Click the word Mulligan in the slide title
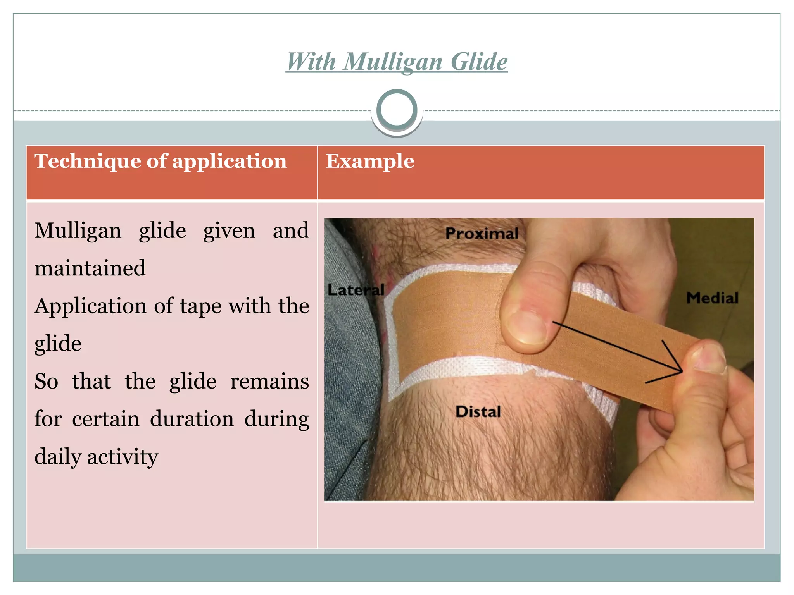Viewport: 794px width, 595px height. coord(392,62)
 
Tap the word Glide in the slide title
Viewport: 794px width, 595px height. coord(479,62)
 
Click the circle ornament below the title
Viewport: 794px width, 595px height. coord(397,110)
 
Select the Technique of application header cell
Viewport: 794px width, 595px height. coord(161,161)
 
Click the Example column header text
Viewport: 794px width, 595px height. coord(370,161)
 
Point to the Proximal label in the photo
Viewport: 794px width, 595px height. coord(482,233)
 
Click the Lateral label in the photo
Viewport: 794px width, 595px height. coord(356,290)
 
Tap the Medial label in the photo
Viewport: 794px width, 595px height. coord(712,298)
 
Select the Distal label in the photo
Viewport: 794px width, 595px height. coord(478,411)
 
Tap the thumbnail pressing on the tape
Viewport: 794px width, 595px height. coord(527,327)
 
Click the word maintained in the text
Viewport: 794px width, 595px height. coord(90,268)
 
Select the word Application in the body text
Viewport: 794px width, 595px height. coord(90,306)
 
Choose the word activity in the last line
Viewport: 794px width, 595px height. coord(123,457)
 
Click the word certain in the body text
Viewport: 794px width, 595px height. coord(105,419)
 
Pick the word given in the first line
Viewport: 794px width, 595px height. coord(229,231)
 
